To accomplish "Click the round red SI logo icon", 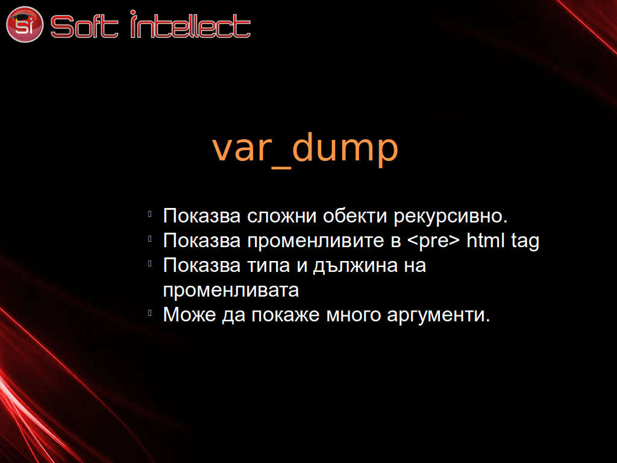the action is click(24, 24).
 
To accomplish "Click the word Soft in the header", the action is click(84, 27).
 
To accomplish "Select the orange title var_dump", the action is click(305, 148).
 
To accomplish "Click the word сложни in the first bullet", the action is click(282, 216).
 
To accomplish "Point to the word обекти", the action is click(355, 216).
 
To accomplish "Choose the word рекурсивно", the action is click(451, 217).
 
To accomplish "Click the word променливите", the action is click(316, 242).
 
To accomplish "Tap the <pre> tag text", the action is click(433, 242).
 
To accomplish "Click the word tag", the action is click(525, 242).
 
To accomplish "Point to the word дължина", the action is click(355, 266).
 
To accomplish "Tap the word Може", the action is click(190, 315).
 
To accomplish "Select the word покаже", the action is click(286, 315).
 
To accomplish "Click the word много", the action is click(354, 315).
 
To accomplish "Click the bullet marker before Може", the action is click(150, 313).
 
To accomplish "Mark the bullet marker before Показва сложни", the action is click(150, 215).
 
